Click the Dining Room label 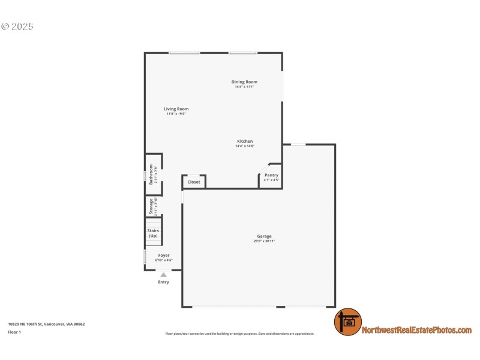click(244, 82)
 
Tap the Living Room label click(176, 109)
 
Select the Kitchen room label click(245, 142)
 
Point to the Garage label click(265, 236)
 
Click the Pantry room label click(271, 175)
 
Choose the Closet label click(194, 182)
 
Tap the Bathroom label click(151, 175)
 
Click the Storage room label click(151, 206)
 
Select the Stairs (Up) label click(153, 233)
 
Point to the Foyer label click(164, 256)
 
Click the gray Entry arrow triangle click(163, 275)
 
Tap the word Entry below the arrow click(163, 282)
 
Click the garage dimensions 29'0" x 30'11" click(265, 241)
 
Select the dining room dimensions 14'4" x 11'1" click(244, 87)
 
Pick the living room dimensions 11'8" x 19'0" click(176, 114)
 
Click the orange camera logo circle click(348, 322)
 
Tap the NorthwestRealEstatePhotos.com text click(416, 330)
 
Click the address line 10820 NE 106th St click(46, 324)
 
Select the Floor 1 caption click(14, 332)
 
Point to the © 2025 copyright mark click(17, 26)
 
